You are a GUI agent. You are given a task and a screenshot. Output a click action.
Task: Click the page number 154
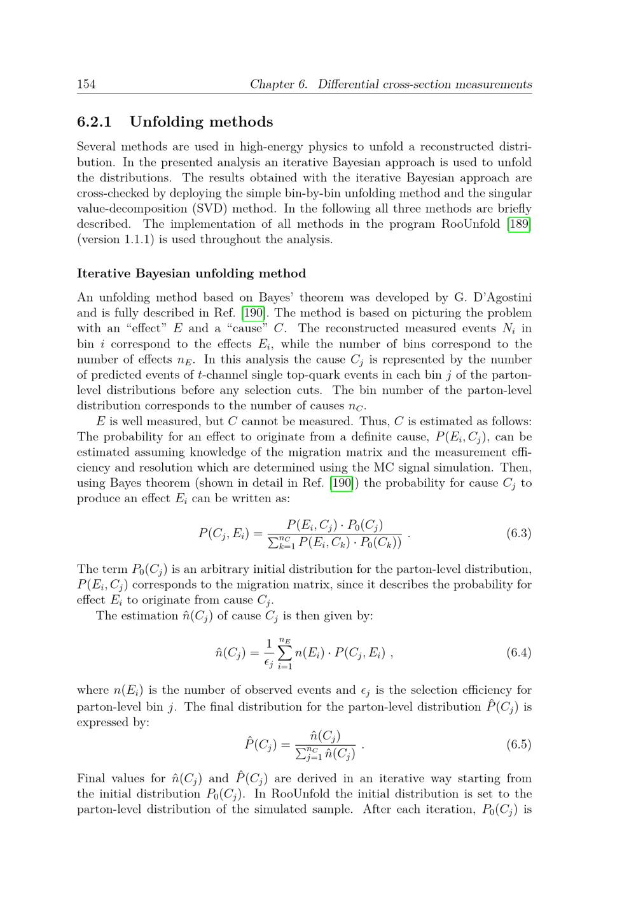(x=86, y=84)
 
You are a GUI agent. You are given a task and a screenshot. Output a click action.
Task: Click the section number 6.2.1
(x=94, y=122)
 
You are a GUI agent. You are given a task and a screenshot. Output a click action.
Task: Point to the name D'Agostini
(x=499, y=297)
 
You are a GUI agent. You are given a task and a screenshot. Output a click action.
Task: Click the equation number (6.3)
(x=518, y=533)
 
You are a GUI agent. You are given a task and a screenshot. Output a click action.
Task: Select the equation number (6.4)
(x=518, y=652)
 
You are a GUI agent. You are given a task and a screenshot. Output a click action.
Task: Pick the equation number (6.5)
(x=518, y=745)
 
